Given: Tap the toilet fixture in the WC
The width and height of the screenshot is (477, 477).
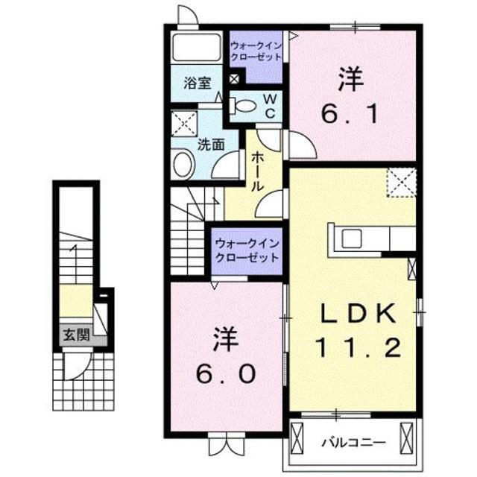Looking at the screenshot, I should pos(239,105).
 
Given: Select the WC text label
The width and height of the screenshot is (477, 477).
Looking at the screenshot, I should pos(271,105).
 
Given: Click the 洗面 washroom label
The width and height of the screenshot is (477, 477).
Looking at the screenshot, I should pos(210,145).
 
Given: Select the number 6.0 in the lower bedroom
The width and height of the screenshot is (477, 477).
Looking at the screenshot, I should pos(226,372).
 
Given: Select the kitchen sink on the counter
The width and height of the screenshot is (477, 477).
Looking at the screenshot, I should pos(351,238).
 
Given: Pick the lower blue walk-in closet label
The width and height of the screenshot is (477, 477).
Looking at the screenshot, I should pos(247,250).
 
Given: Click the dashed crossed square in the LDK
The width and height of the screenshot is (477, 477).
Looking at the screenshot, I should pos(400,180).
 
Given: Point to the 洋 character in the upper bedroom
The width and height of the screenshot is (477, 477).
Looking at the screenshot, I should pos(352,77).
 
